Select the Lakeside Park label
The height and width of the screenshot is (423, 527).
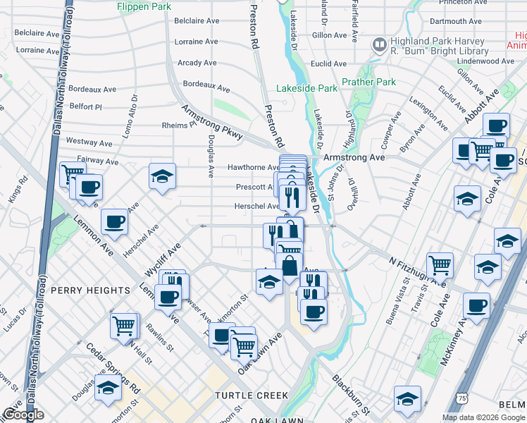coord(307,89)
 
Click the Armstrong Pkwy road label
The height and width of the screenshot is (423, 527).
coord(212,122)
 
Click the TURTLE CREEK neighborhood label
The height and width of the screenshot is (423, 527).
coord(252,396)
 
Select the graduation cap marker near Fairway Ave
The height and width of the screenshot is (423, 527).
coord(163,176)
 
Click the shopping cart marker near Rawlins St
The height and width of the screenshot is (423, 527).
coord(124,326)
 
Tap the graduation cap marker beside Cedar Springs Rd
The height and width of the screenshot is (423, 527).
coord(108,388)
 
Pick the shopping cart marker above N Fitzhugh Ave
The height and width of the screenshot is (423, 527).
coord(440,265)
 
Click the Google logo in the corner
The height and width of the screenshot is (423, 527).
coord(23,415)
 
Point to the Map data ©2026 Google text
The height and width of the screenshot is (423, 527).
coord(483,417)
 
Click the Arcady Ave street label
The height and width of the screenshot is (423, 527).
coord(197,63)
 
